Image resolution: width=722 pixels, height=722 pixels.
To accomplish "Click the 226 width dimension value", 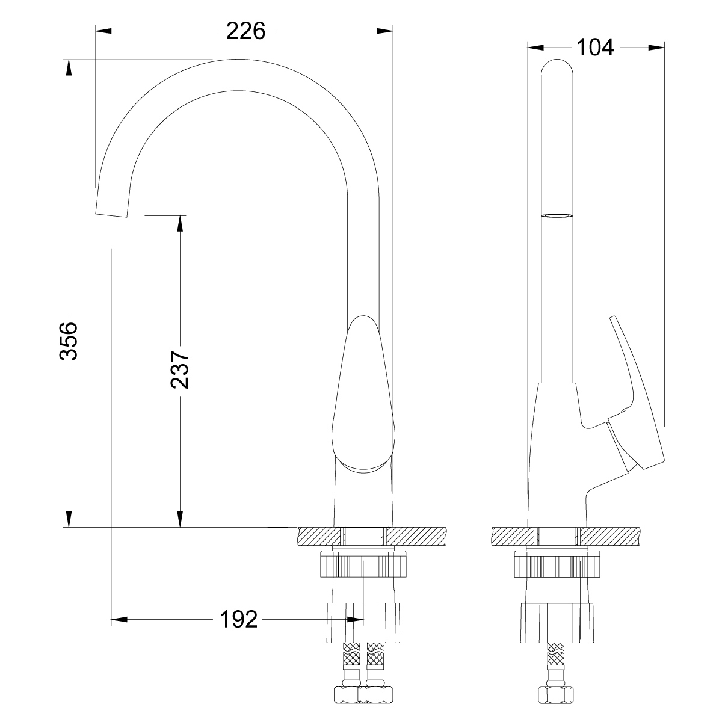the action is tap(246, 31).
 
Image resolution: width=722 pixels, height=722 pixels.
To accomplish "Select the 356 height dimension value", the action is tap(69, 341).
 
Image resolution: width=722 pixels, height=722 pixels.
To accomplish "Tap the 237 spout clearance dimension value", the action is tap(180, 369).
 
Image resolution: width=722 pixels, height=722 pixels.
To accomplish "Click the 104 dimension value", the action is tap(595, 48).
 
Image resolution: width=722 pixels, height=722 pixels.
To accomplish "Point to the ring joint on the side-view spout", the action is tap(557, 216).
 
